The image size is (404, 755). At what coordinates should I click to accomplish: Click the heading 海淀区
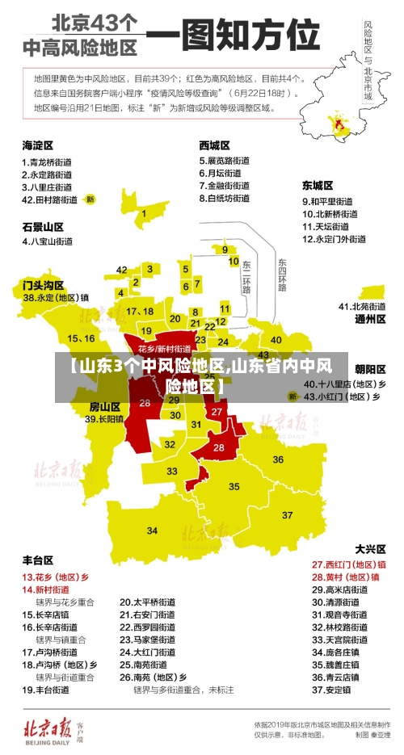point(37,145)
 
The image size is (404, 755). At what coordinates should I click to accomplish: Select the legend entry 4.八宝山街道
point(48,241)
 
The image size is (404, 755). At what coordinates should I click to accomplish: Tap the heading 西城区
point(214,145)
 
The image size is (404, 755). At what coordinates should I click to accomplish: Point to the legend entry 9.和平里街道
point(327,201)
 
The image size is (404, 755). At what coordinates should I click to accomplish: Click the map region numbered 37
point(287,514)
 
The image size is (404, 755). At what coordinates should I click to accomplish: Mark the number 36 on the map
point(278,459)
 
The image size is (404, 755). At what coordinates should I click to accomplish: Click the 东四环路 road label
point(282,275)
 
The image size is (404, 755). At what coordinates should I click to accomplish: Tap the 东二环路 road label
point(246,277)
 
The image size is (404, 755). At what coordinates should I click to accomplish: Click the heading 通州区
point(370,319)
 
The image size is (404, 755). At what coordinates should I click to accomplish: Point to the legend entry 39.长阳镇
point(105,419)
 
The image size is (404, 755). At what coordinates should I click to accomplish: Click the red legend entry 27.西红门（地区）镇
point(349,564)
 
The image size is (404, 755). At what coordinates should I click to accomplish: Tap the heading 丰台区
point(37,560)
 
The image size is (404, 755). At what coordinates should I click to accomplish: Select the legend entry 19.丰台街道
point(46,690)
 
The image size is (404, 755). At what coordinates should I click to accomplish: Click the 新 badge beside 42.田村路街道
point(90,199)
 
